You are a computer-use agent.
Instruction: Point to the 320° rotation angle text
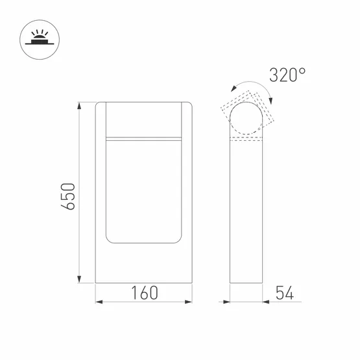(x=287, y=75)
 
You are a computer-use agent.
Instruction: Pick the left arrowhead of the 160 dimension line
(x=99, y=302)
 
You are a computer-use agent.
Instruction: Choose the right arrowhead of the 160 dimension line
(x=191, y=302)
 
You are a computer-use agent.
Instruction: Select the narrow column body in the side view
(x=247, y=214)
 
